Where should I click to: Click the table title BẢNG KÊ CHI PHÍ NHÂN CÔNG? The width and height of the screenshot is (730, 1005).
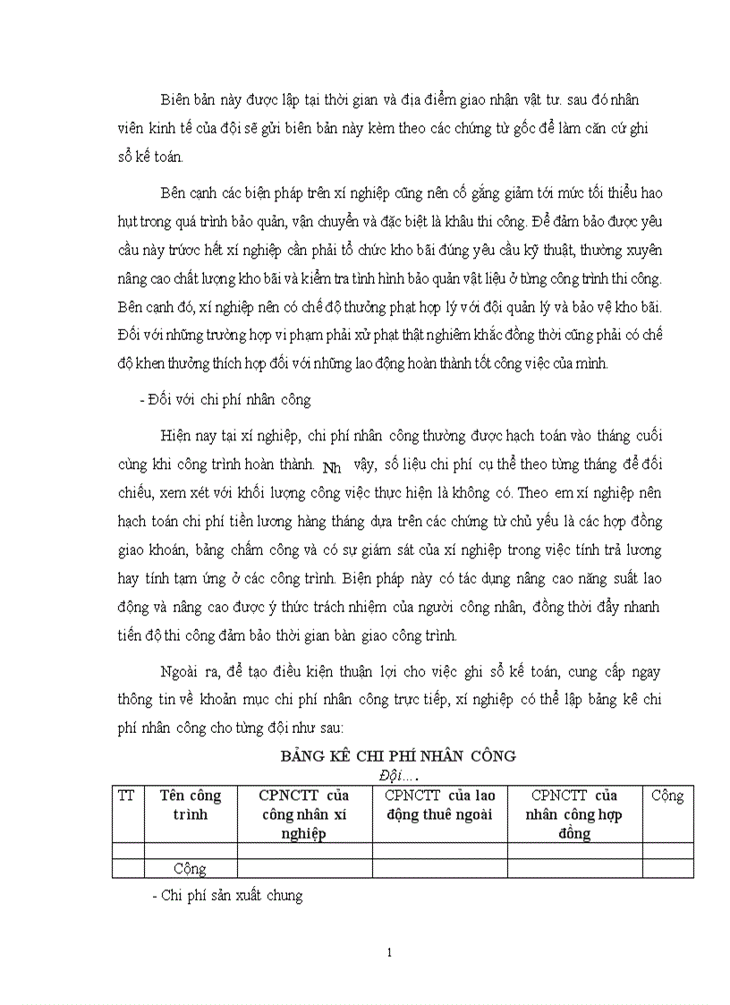(398, 755)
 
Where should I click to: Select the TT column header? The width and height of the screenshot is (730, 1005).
(126, 796)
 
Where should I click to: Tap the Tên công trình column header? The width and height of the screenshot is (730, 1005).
(190, 805)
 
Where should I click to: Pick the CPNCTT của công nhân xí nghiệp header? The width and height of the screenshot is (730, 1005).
(304, 813)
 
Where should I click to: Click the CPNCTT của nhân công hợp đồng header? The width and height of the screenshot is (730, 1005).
(574, 813)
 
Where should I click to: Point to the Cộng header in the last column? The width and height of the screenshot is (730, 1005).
(667, 796)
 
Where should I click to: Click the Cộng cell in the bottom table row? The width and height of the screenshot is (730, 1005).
(190, 868)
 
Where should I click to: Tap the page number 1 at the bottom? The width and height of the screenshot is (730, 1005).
(390, 952)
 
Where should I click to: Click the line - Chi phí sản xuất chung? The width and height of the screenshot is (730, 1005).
(228, 895)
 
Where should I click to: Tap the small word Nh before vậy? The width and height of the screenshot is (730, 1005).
(331, 466)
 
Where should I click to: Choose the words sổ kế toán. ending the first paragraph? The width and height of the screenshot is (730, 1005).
(157, 158)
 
